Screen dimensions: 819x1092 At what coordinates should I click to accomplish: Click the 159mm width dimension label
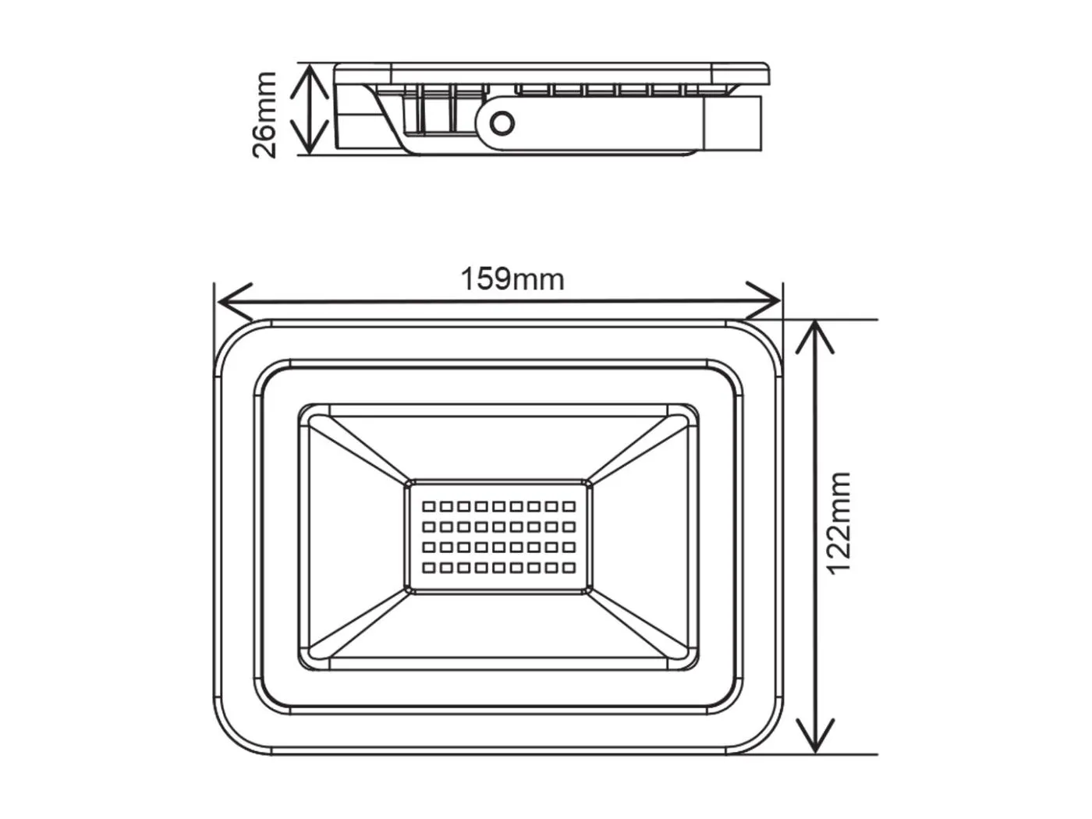512,278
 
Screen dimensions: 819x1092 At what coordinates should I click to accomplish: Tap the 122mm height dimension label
838,523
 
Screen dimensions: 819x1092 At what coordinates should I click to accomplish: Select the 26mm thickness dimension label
264,115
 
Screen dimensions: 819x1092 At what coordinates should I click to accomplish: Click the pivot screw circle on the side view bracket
502,123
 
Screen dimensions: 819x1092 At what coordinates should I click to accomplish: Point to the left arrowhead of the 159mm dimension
226,301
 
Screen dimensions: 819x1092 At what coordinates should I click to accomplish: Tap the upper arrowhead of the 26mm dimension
310,73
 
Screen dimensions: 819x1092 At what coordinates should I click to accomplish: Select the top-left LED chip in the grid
428,506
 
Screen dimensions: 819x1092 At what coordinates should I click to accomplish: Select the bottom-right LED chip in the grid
569,567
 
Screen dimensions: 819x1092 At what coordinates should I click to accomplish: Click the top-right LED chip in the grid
569,506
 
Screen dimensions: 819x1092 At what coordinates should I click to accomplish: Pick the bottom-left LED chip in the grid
428,567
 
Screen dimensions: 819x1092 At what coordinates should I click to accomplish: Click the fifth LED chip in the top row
498,506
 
